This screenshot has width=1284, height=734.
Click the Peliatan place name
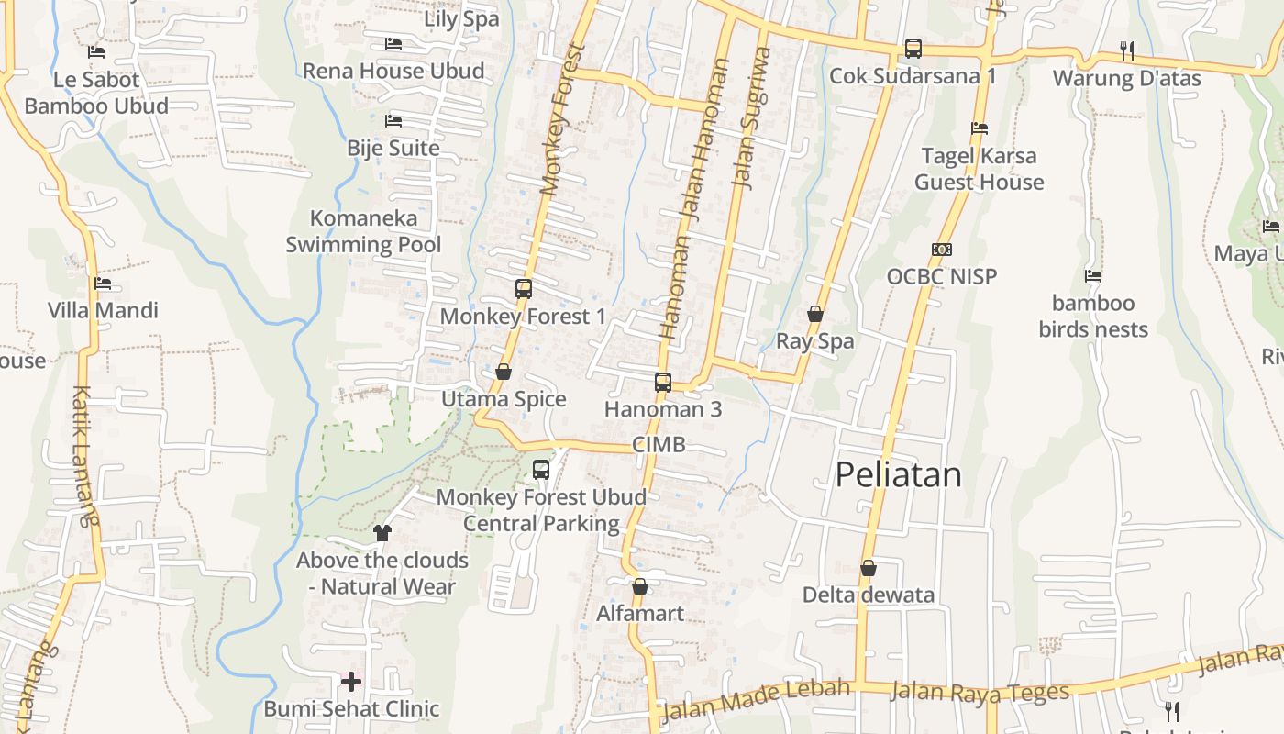click(x=898, y=474)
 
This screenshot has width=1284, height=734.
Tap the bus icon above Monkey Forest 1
click(x=524, y=289)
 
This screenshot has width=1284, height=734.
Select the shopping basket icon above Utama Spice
click(x=503, y=372)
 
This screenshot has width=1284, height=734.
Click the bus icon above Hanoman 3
click(x=663, y=383)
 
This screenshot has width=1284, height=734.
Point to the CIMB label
click(x=659, y=445)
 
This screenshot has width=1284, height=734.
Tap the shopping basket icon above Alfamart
click(x=640, y=586)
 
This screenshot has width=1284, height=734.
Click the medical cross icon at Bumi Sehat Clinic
click(x=351, y=682)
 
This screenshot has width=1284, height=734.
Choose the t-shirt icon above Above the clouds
click(x=382, y=532)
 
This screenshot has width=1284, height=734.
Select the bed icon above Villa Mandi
click(x=103, y=284)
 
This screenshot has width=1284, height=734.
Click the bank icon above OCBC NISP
click(x=941, y=250)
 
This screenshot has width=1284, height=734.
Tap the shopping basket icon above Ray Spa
click(x=814, y=315)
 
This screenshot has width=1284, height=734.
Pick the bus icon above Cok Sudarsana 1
click(x=913, y=49)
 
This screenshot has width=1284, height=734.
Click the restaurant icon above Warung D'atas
click(x=1127, y=50)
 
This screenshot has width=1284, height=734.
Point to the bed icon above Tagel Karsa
click(x=980, y=128)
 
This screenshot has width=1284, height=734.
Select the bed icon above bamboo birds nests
click(x=1092, y=275)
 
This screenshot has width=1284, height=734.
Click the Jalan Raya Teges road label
click(x=980, y=691)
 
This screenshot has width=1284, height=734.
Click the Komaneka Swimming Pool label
click(x=363, y=231)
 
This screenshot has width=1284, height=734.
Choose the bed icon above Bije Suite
click(x=393, y=120)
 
